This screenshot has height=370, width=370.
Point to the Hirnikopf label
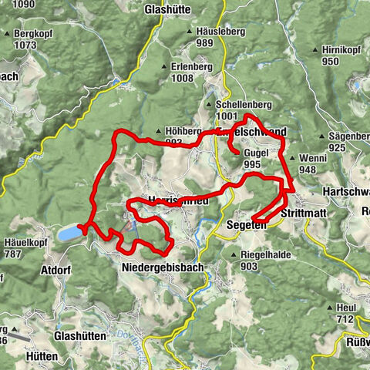pos(341,50)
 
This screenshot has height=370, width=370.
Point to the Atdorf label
pos(56,271)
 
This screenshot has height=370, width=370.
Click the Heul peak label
pos(343,308)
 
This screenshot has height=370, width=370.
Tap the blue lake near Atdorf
pos(69,231)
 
